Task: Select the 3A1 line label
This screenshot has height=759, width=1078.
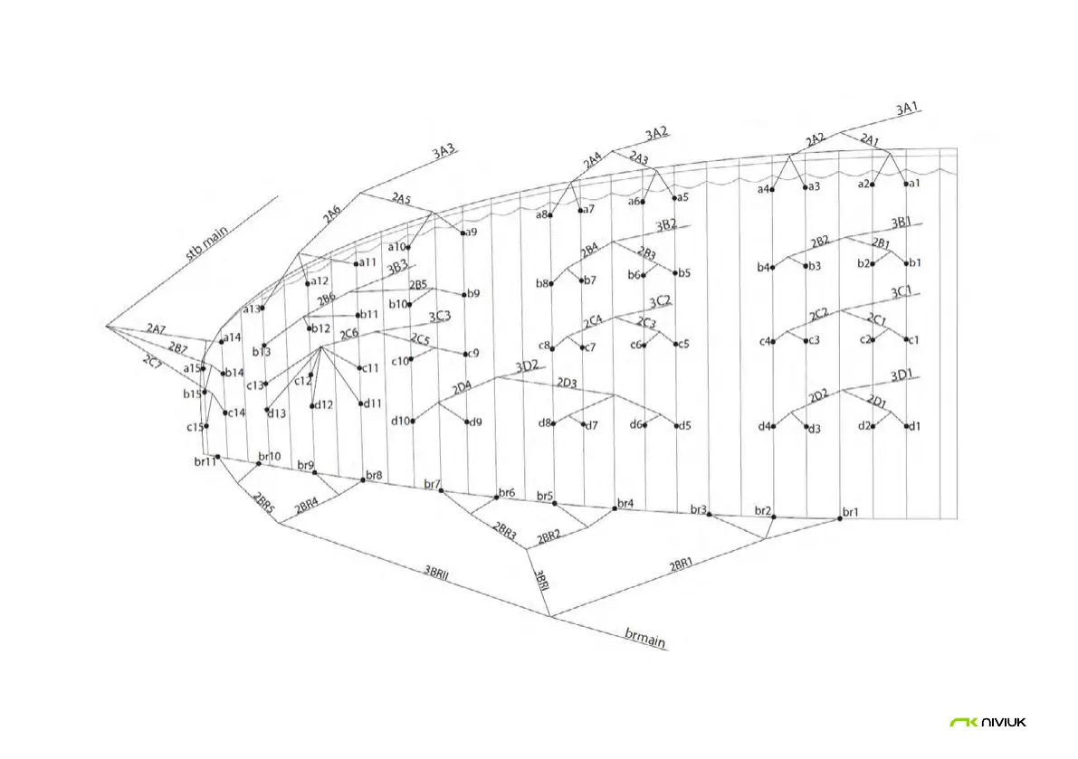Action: (907, 109)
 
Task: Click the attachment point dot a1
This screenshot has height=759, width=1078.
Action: (906, 184)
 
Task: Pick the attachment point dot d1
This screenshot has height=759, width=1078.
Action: (906, 426)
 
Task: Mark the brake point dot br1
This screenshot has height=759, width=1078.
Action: (840, 519)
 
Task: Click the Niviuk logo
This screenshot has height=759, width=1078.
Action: (987, 722)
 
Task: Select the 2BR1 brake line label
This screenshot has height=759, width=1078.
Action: (682, 566)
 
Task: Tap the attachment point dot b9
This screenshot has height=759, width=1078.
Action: (465, 294)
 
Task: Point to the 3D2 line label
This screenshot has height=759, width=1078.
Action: (527, 366)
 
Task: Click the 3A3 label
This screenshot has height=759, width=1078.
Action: (443, 152)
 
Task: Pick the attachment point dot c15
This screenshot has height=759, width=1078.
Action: (207, 426)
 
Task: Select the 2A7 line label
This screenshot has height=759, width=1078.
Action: (155, 329)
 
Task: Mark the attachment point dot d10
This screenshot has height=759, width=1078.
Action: (413, 421)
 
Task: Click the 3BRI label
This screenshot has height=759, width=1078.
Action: (540, 581)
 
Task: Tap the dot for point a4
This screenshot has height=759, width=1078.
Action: (772, 188)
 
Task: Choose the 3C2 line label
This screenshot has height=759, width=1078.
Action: (659, 300)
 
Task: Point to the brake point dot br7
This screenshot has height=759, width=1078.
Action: (441, 490)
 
